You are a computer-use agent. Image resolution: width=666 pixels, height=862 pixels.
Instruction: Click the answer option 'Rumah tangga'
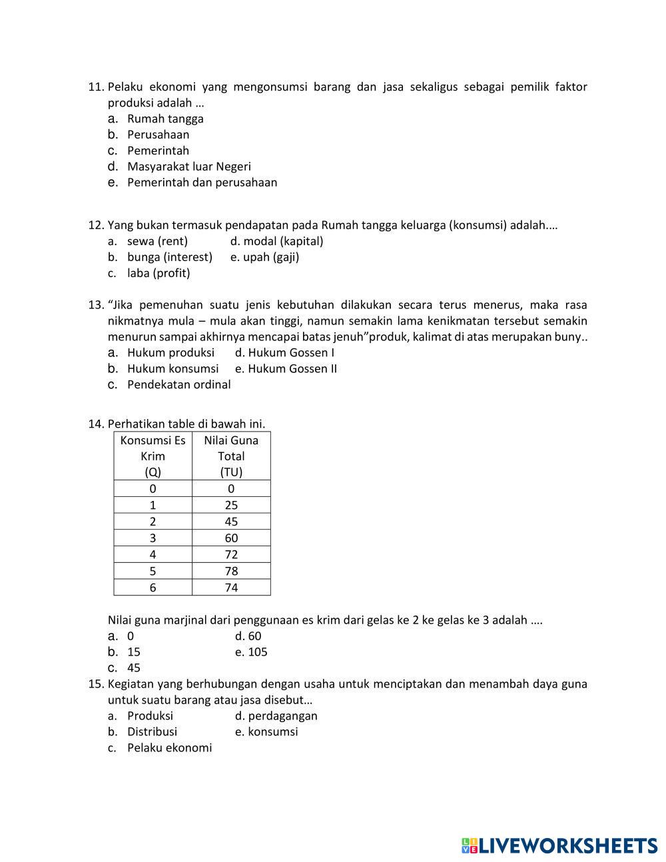point(165,119)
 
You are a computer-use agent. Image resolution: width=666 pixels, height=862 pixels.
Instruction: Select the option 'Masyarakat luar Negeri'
point(188,167)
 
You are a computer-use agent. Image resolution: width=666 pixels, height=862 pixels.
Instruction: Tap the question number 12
point(96,225)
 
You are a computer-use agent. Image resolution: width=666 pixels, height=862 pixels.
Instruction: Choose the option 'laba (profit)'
point(159,273)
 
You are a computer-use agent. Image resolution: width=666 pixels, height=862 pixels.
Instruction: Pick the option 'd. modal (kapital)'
point(276,241)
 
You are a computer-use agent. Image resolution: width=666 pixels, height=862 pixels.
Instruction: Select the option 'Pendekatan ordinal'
point(178,385)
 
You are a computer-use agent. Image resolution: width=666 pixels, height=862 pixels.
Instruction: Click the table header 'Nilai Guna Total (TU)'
point(231,456)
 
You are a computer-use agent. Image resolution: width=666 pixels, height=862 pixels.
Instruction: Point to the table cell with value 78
point(231,571)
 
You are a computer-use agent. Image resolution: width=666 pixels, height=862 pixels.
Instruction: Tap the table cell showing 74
point(231,588)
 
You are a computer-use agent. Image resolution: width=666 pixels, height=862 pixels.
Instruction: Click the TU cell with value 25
point(231,505)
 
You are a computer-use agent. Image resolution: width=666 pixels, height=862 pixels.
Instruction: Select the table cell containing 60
point(231,538)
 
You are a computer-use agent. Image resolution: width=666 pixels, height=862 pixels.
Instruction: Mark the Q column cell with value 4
point(153,554)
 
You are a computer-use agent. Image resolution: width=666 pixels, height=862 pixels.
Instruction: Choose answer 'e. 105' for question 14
point(251,652)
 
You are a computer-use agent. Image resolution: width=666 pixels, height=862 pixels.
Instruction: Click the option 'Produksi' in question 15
point(150,716)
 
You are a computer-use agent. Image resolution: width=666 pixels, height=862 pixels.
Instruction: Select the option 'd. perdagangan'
point(276,716)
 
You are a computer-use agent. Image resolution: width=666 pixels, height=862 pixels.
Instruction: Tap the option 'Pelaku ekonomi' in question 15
point(169,748)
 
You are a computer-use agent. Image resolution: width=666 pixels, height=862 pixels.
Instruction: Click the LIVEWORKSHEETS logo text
point(559,846)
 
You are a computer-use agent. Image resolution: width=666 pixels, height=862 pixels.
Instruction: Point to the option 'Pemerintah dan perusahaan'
point(202,183)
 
